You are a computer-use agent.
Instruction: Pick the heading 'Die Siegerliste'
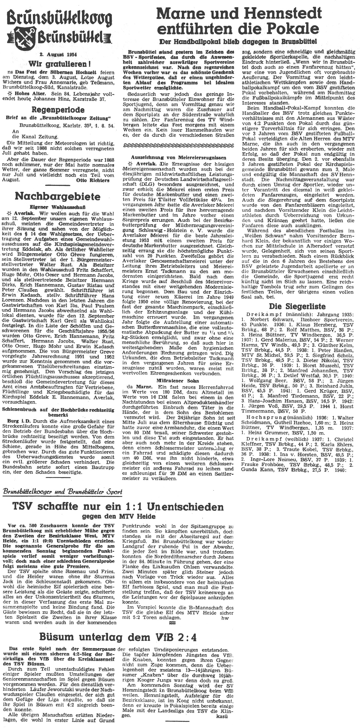point(297,306)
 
